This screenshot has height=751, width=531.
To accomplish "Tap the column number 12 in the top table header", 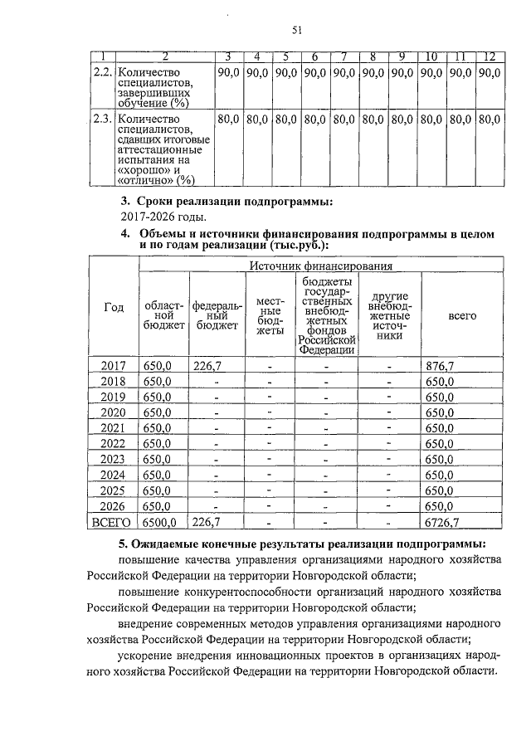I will [489, 56].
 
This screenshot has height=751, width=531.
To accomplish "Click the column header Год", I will [114, 307].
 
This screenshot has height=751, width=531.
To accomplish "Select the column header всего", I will [461, 316].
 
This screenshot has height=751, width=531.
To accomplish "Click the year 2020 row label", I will [113, 412].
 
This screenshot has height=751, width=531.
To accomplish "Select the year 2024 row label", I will [113, 475].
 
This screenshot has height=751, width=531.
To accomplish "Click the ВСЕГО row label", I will [113, 522].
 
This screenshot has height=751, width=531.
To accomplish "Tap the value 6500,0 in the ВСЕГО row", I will [159, 522].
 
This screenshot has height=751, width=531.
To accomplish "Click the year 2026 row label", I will [113, 506].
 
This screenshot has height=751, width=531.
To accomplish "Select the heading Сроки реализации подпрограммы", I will [232, 202].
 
